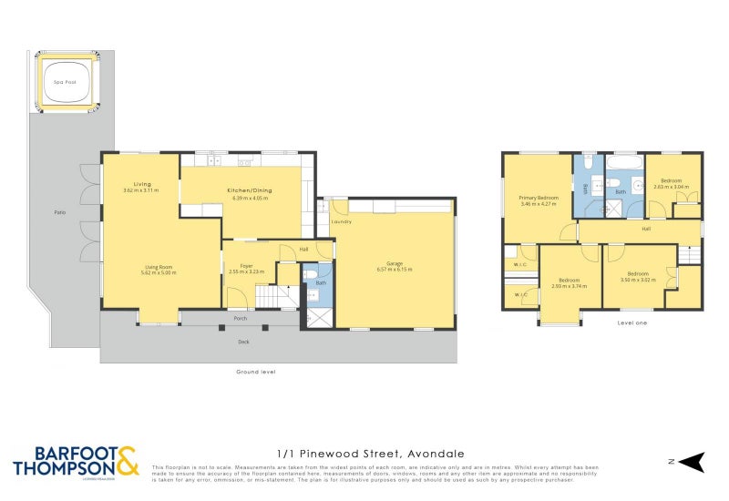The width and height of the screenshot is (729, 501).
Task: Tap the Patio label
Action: [x=59, y=212]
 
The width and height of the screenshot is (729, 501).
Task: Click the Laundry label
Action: [x=342, y=221]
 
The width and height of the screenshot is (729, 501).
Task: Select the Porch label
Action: [x=241, y=319]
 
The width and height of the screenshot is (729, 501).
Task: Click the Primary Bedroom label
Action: [x=539, y=198]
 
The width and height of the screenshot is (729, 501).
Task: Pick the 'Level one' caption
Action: [x=631, y=322]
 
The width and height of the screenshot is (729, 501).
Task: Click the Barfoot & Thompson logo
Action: [x=75, y=462]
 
